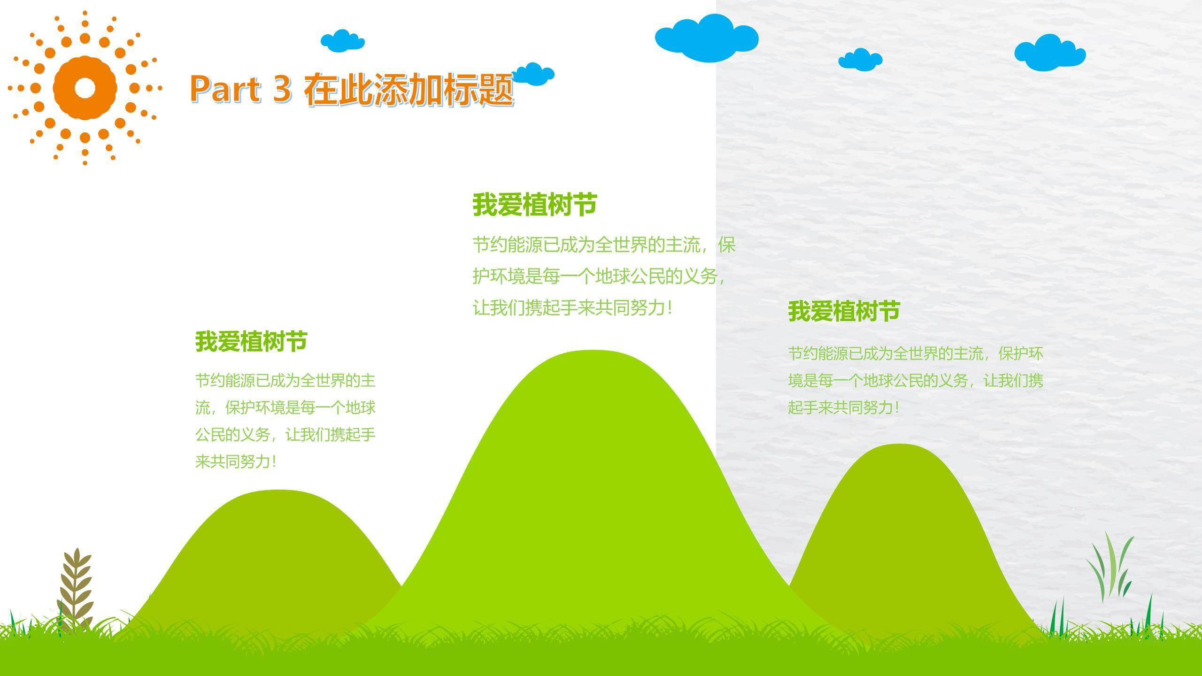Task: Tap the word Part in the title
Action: (x=225, y=88)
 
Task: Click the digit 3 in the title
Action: (x=282, y=88)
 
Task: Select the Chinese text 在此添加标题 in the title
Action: (x=408, y=89)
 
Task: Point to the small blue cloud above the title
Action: (x=343, y=41)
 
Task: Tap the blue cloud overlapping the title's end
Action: (x=534, y=74)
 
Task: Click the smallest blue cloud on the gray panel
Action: (x=860, y=60)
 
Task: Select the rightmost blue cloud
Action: (x=1050, y=52)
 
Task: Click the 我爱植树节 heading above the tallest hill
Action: (x=534, y=205)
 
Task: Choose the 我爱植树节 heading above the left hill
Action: (x=251, y=341)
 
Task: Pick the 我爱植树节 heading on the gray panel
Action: (x=844, y=311)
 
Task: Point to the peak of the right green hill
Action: (x=899, y=445)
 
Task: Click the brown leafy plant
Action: (x=74, y=591)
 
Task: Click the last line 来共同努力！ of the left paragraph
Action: (x=236, y=462)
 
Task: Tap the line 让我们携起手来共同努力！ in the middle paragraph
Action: (x=573, y=308)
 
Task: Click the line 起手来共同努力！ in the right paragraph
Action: (x=844, y=407)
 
